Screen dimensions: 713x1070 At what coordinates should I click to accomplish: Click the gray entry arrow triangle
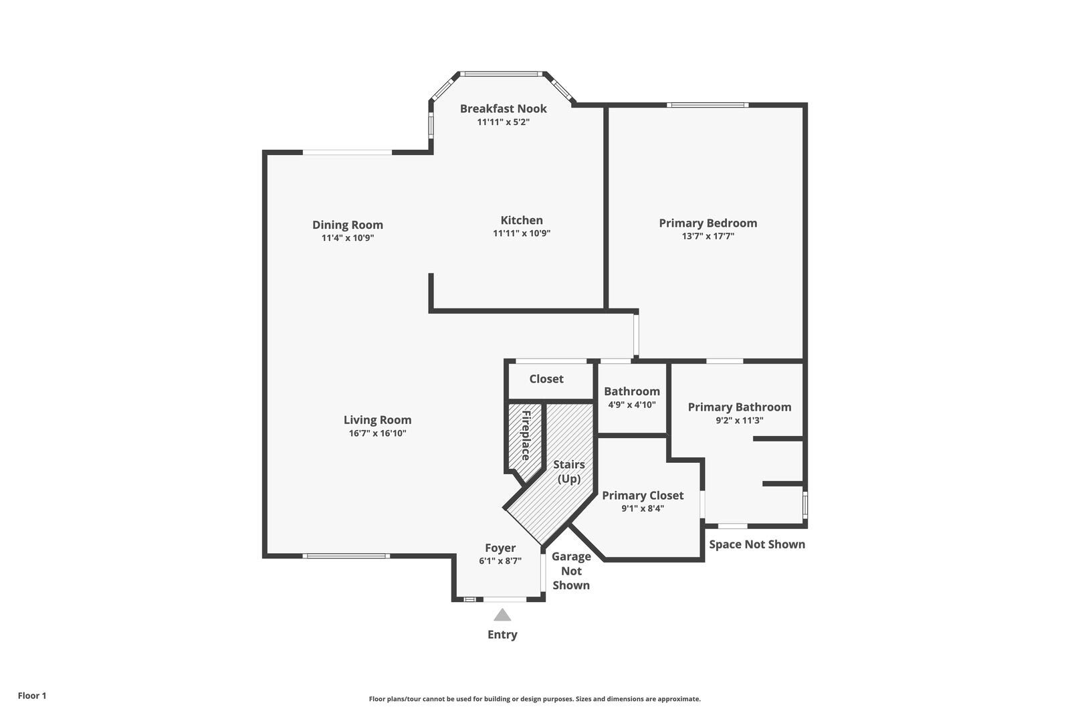tap(502, 615)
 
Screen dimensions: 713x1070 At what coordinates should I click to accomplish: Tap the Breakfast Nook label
tap(503, 108)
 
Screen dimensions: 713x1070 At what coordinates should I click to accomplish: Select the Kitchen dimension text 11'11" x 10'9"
tap(522, 233)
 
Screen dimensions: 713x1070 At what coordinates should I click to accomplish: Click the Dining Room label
tap(347, 225)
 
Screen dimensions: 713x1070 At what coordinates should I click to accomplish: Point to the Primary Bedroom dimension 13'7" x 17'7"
tap(708, 236)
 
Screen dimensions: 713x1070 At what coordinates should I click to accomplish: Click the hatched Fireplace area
tap(524, 438)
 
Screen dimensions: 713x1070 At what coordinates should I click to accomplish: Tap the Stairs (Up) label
tap(568, 471)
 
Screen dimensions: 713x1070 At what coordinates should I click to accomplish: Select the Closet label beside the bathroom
tap(546, 379)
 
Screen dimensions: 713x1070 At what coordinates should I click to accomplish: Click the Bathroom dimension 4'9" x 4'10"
tap(631, 405)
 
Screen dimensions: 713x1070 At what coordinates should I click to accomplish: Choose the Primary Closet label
tap(642, 495)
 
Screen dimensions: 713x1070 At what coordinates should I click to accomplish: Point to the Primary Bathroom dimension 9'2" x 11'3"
tap(739, 421)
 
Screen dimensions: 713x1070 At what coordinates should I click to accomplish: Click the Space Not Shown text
tap(756, 544)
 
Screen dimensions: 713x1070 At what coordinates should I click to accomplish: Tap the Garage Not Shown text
tap(571, 571)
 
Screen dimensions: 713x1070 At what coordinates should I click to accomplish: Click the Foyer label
tap(500, 548)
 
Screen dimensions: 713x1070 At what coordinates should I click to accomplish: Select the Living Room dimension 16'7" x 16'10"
tap(377, 433)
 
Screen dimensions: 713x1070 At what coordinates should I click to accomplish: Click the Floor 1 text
tap(32, 696)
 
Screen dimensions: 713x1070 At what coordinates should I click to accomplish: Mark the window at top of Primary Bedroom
tap(707, 104)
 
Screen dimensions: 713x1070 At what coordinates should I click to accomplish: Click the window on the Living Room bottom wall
tap(345, 555)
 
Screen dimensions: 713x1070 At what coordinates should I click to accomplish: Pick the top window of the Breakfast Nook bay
tap(502, 74)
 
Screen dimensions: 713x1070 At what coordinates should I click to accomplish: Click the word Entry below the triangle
tap(502, 635)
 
